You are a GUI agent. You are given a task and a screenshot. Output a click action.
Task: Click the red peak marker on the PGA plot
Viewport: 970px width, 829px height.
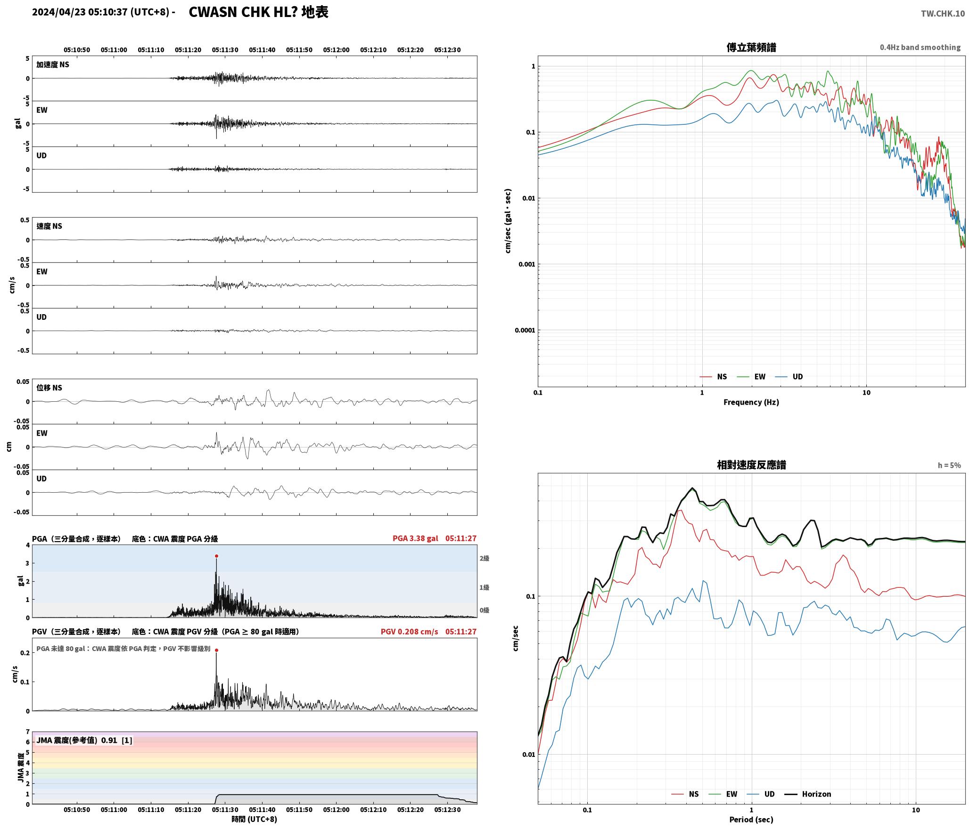pyautogui.click(x=216, y=556)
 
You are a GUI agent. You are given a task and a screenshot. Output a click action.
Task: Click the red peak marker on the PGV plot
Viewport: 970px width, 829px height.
pyautogui.click(x=216, y=650)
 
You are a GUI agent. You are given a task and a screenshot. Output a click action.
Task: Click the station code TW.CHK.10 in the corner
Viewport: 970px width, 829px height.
pyautogui.click(x=943, y=14)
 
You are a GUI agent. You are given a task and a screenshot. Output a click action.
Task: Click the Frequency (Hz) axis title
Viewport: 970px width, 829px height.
pyautogui.click(x=751, y=402)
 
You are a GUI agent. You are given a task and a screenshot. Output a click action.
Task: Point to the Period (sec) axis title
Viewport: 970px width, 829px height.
pyautogui.click(x=751, y=820)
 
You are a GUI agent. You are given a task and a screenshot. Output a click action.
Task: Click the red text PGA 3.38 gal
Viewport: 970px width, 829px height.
pyautogui.click(x=415, y=538)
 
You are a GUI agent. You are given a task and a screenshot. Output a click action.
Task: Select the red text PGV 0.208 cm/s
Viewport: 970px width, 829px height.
pyautogui.click(x=409, y=632)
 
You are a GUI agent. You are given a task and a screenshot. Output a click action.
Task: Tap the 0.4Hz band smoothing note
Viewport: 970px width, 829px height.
pyautogui.click(x=920, y=48)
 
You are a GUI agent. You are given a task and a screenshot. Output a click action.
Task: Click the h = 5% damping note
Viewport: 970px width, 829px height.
pyautogui.click(x=949, y=465)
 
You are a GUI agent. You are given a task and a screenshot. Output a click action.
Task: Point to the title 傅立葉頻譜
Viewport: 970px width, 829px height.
pyautogui.click(x=751, y=48)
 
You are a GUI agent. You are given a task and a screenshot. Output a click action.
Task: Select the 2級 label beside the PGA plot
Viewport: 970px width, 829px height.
pyautogui.click(x=485, y=559)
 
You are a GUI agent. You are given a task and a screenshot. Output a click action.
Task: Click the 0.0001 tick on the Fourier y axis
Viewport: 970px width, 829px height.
pyautogui.click(x=525, y=330)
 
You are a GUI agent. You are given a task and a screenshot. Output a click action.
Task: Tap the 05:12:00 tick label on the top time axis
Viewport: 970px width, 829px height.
pyautogui.click(x=337, y=50)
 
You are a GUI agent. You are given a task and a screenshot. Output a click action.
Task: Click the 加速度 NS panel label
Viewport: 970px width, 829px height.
pyautogui.click(x=53, y=65)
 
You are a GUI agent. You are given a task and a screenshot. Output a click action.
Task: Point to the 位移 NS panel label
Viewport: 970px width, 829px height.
pyautogui.click(x=49, y=388)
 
